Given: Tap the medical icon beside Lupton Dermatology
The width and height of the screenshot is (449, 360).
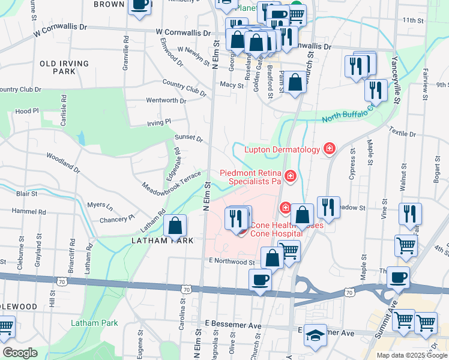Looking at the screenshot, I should [329, 148].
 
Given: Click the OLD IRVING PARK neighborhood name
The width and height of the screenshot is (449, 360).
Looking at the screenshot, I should [65, 67].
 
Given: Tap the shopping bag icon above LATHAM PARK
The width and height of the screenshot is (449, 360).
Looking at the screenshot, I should [175, 226].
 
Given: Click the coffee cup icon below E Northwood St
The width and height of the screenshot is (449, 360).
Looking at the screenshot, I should [261, 280].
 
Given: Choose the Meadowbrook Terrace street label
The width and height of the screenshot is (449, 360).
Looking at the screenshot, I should [171, 181].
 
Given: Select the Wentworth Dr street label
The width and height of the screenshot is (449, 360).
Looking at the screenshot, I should [166, 101].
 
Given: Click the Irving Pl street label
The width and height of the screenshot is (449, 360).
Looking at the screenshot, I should [159, 122].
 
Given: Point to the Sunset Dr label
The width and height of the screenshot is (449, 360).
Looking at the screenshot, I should [188, 137].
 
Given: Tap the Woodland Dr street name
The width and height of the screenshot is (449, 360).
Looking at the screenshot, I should [63, 163].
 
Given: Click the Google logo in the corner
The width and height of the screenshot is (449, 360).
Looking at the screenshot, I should [20, 353].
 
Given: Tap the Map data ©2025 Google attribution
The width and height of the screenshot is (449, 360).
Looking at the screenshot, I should [412, 355].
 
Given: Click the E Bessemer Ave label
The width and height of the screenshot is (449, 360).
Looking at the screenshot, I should [233, 324].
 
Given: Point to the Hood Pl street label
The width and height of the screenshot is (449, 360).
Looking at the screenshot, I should [27, 111].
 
